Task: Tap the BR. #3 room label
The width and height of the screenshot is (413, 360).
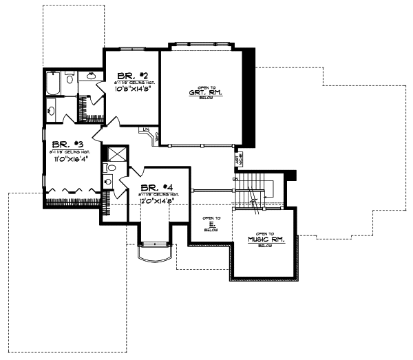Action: pos(67,145)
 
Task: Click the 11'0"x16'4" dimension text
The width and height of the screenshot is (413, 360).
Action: pos(69,159)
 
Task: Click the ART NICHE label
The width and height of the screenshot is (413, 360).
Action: pos(239,160)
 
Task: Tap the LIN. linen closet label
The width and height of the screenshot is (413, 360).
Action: pos(146,129)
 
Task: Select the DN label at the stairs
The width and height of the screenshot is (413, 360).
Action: pos(235,180)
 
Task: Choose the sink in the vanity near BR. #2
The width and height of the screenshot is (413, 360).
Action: pos(90,78)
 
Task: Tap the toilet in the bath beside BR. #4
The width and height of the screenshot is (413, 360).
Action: pos(109,181)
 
